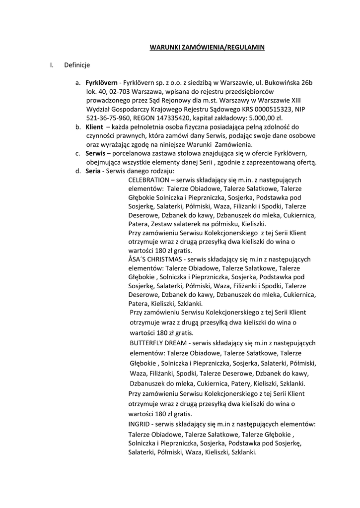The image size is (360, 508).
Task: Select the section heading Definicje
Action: tap(77, 65)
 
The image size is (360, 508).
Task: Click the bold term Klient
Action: tap(94, 127)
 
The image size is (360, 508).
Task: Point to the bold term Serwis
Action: tap(95, 153)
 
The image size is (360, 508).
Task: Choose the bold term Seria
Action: tap(93, 171)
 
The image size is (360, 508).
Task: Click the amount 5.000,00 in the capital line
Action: tap(264, 118)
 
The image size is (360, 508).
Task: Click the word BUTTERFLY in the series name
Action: tap(144, 343)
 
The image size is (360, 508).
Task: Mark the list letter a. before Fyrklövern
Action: tap(78, 82)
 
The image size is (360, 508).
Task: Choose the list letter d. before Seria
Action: tap(78, 171)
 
